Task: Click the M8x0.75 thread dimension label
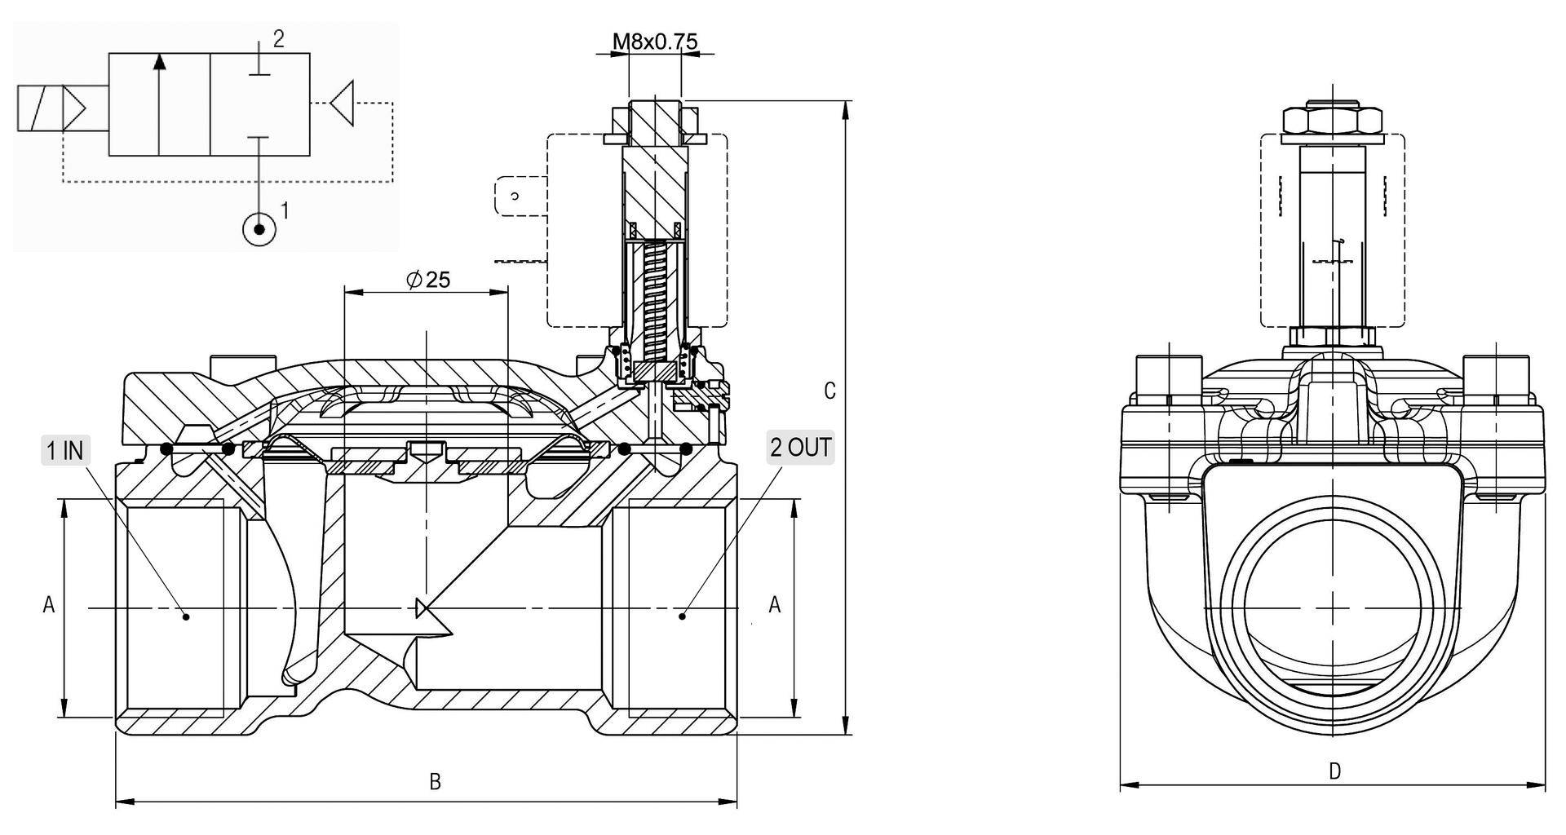pos(655,41)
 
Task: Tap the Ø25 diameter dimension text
pos(428,280)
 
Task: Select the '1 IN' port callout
pos(65,450)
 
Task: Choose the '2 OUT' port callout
pos(800,448)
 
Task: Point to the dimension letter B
pos(435,781)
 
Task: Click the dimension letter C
pos(829,391)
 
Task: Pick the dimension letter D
pos(1334,771)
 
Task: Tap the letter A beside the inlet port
pos(49,604)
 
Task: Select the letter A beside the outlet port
pos(775,604)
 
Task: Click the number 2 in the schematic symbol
pos(278,39)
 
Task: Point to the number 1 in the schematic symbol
pos(285,210)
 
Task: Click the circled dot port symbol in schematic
pos(259,229)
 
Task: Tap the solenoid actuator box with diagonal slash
pos(40,108)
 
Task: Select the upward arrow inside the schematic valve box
pos(160,102)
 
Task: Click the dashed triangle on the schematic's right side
pos(343,103)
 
